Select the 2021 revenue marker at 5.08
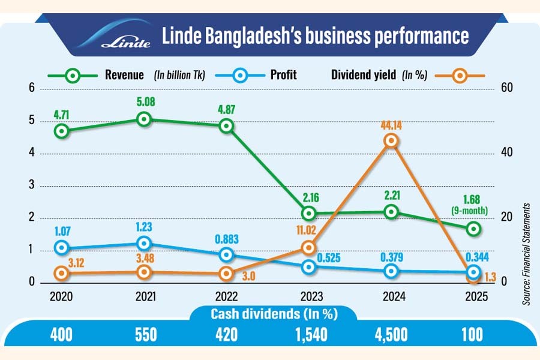(143, 119)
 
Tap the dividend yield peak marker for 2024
(391, 140)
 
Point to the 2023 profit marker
(308, 267)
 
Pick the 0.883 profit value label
(226, 239)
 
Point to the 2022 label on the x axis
(226, 296)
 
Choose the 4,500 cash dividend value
(393, 334)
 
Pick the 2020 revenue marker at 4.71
(61, 131)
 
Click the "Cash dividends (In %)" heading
(272, 314)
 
